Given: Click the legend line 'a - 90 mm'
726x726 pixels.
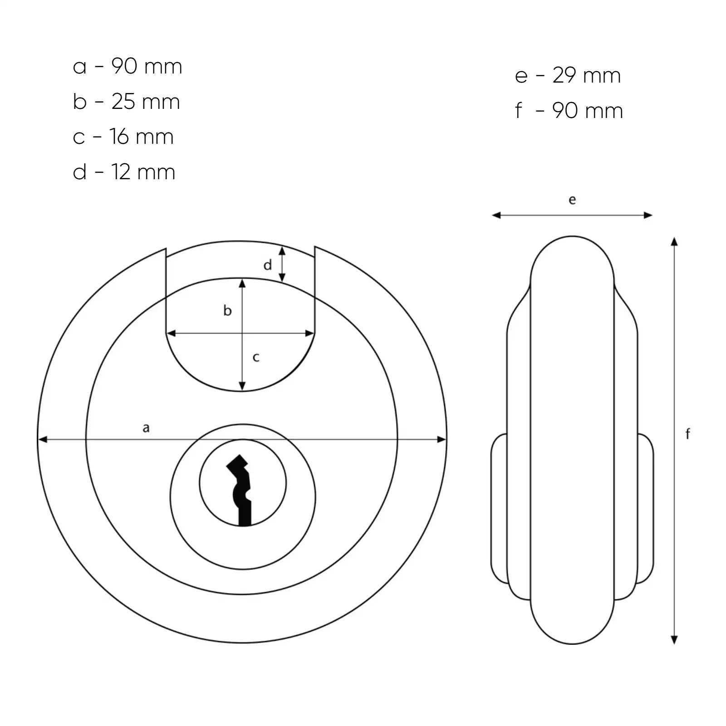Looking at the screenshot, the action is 128,66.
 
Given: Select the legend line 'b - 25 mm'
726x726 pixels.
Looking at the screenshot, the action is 126,101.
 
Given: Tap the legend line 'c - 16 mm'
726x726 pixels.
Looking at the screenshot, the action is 123,137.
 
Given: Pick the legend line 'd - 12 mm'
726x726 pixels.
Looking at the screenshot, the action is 124,172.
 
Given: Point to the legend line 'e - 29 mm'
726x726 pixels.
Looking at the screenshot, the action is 568,75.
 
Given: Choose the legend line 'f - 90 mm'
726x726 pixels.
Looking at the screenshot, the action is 569,110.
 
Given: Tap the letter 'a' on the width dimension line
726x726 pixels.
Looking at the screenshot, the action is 146,427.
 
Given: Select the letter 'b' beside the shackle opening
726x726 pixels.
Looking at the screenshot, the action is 227,310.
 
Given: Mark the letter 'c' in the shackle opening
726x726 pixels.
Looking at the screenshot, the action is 256,358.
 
